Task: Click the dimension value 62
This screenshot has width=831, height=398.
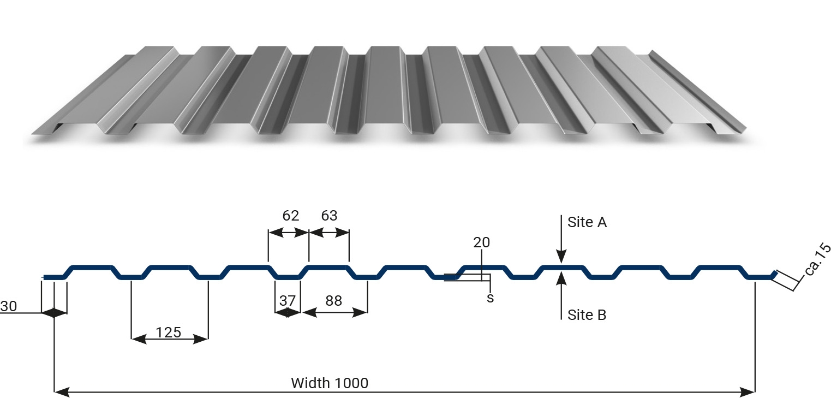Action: coord(290,216)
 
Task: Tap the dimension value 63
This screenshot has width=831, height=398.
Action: coord(329,216)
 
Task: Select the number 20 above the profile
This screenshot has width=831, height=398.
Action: coord(482,242)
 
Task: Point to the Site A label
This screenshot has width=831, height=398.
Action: coord(587,222)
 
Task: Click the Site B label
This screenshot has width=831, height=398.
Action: coord(587,315)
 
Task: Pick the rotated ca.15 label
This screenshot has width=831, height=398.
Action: coord(818,259)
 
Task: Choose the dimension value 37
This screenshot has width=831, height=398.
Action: coord(288,301)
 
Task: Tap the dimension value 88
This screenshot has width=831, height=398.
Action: coord(333,301)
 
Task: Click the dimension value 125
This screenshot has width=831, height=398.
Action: coord(169,332)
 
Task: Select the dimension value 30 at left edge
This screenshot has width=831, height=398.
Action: coord(9,306)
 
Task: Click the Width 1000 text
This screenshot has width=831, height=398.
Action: coord(330,383)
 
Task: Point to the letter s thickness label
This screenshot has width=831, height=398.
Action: coord(491,298)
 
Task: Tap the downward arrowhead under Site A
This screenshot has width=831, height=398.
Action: coord(561,257)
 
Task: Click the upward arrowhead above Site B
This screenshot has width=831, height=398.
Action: coord(561,278)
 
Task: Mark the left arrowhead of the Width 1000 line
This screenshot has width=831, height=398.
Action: coord(62,391)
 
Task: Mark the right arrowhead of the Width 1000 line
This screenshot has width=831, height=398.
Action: coord(747,391)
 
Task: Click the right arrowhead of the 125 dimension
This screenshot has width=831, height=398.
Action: coord(201,339)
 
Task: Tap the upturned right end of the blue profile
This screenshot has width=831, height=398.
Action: coord(774,275)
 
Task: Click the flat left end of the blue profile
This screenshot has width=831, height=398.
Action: coord(45,277)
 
